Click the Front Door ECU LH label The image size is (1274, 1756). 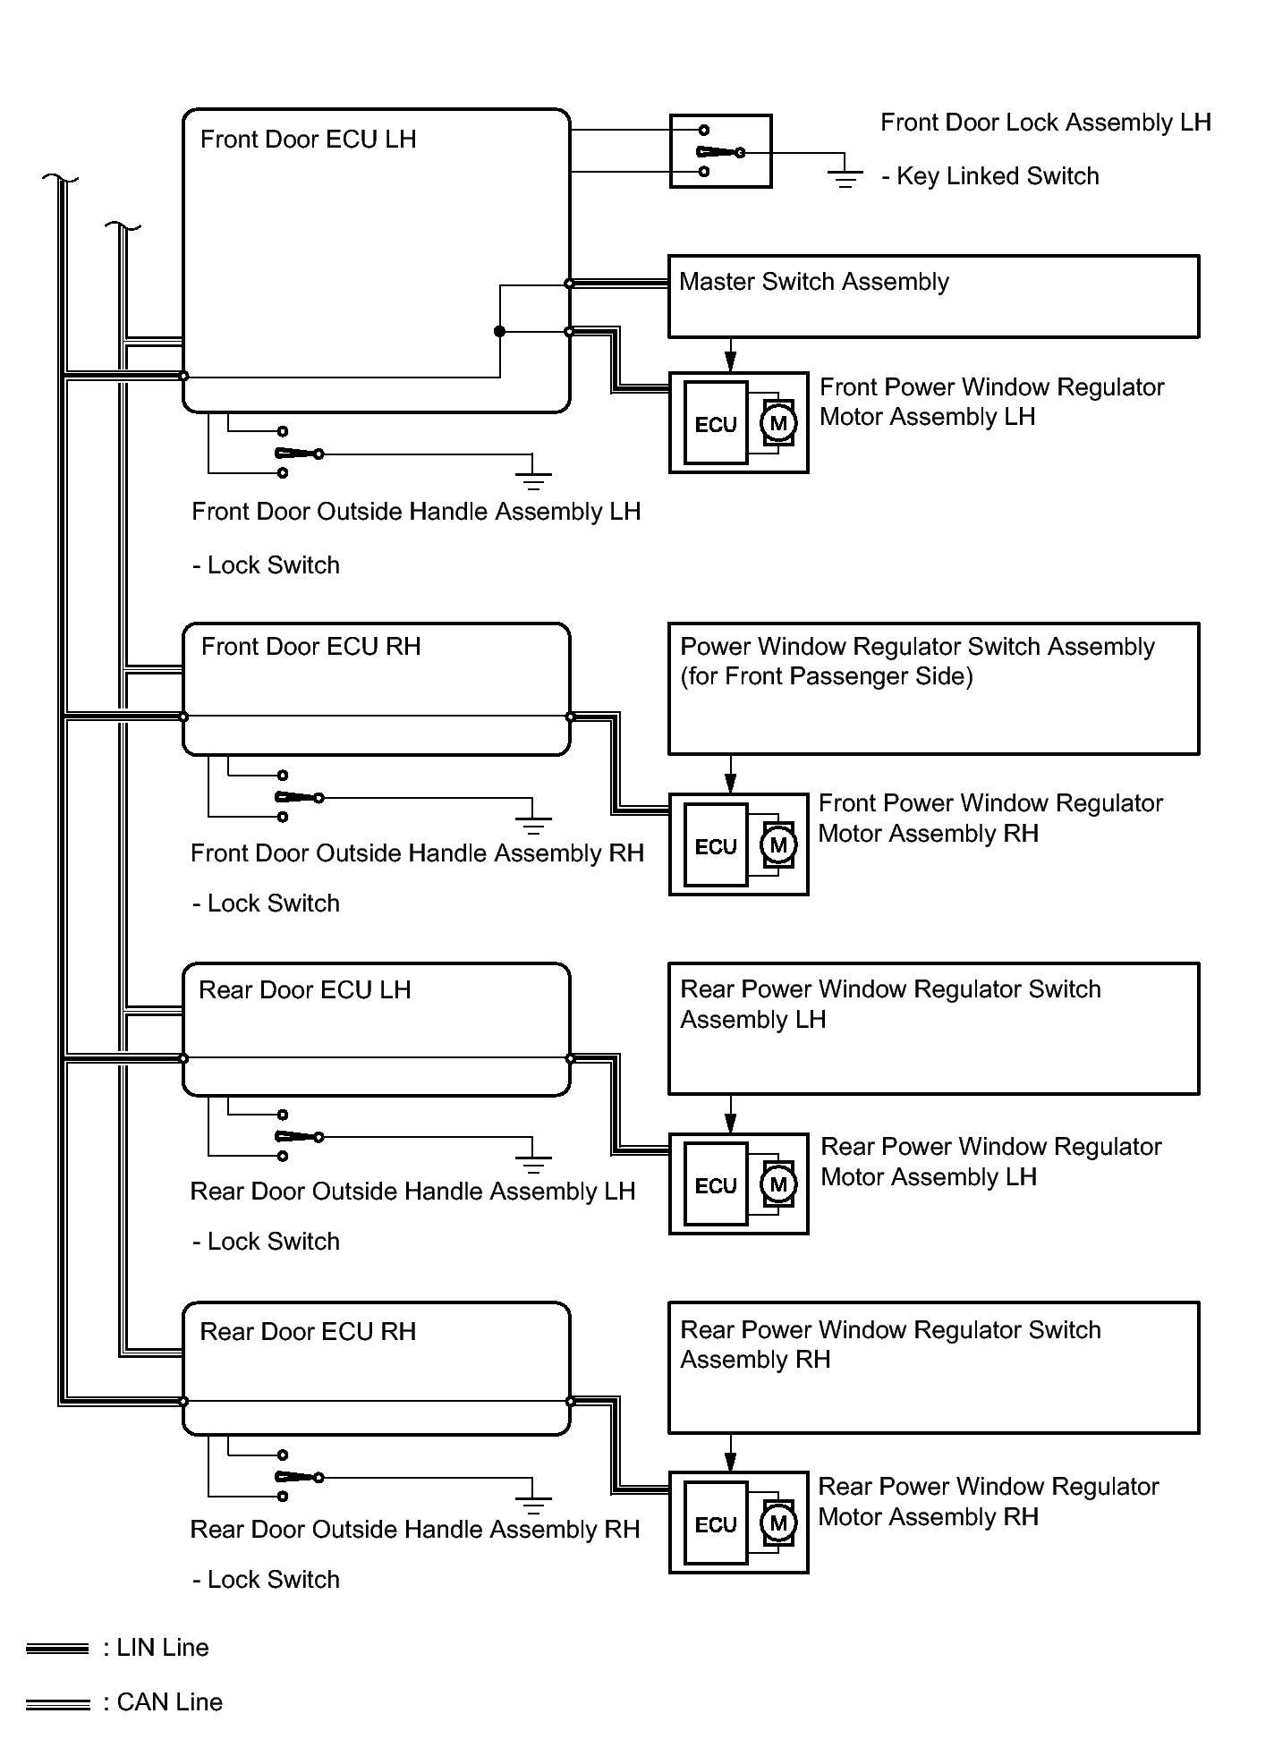coord(308,140)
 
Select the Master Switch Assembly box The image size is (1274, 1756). coord(933,297)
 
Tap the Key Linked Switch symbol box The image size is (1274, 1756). coord(720,151)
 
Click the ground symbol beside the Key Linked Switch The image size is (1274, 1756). coord(845,177)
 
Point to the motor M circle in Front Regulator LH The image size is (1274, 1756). coord(777,423)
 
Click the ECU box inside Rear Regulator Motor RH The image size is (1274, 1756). coord(715,1524)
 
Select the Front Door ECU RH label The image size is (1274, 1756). coord(310,647)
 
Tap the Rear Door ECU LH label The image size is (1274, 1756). coord(304,990)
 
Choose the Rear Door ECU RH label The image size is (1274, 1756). coord(308,1332)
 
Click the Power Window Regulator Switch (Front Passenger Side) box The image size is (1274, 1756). coord(933,689)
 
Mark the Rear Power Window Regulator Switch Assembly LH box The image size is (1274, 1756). coord(933,1029)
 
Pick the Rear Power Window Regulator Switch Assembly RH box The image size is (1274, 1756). coord(933,1368)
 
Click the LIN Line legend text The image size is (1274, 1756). coord(156,1648)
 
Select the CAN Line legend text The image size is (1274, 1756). coord(163,1702)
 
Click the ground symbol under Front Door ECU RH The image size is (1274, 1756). coord(533,822)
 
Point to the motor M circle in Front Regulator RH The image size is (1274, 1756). coord(777,844)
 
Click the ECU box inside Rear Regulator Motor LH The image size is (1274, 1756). coord(715,1185)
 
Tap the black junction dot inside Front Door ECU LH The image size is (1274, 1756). coord(499,332)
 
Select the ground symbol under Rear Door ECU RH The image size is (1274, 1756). coord(533,1502)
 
